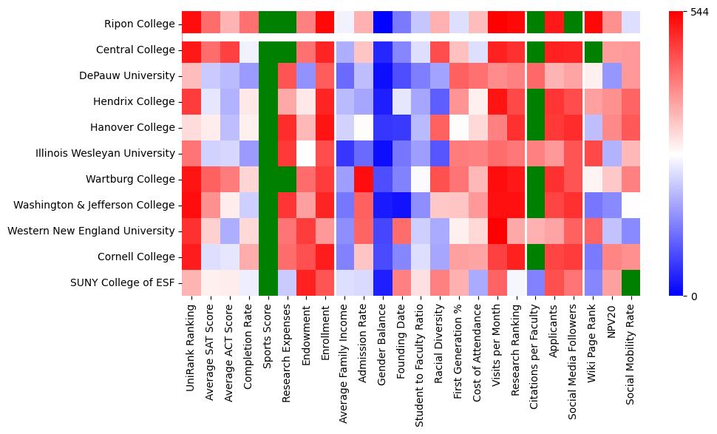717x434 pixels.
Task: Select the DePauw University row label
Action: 129,76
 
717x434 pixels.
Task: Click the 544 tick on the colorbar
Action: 699,13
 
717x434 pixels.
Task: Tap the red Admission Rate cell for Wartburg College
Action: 362,180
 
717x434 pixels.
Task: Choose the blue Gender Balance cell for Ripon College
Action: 381,24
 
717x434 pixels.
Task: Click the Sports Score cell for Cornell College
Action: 268,257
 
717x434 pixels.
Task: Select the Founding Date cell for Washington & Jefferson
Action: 401,206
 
